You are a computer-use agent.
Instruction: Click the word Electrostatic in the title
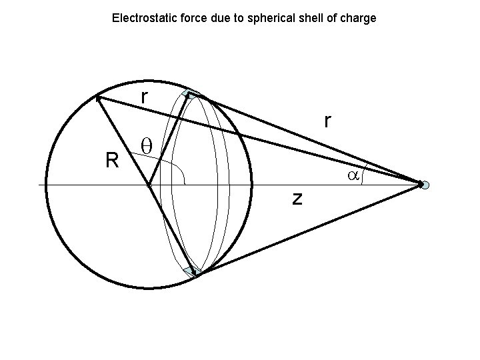[x=141, y=18]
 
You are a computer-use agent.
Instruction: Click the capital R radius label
[x=111, y=159]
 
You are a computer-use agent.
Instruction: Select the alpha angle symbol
[x=353, y=175]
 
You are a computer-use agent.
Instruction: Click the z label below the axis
[x=297, y=197]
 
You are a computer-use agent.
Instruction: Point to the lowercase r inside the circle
[x=143, y=97]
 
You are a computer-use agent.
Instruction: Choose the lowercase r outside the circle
[x=327, y=120]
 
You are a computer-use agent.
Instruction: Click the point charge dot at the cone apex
[x=425, y=184]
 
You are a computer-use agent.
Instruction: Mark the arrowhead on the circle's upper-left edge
[x=99, y=98]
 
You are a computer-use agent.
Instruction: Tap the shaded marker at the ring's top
[x=191, y=95]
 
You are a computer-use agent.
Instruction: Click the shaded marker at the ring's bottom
[x=193, y=271]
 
